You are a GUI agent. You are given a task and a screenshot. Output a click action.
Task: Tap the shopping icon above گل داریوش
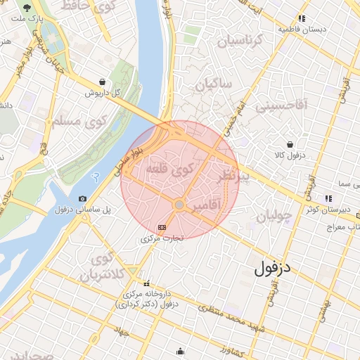click(103, 82)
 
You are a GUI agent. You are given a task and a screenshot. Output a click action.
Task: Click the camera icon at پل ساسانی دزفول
click(83, 199)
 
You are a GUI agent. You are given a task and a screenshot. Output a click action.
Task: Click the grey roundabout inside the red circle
click(179, 205)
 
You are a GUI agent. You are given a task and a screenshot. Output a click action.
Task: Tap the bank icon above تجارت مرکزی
click(162, 227)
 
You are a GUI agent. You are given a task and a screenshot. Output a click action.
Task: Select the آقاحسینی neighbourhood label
click(282, 108)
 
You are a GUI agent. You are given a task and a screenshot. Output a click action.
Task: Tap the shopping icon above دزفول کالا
click(290, 143)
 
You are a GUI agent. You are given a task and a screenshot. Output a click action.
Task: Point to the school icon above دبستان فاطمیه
click(302, 19)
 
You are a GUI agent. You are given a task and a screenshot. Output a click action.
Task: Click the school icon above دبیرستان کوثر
click(328, 198)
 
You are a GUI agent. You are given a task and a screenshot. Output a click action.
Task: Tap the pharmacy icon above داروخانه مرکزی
click(146, 283)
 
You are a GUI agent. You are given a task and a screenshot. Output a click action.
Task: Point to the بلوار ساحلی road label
click(127, 161)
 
